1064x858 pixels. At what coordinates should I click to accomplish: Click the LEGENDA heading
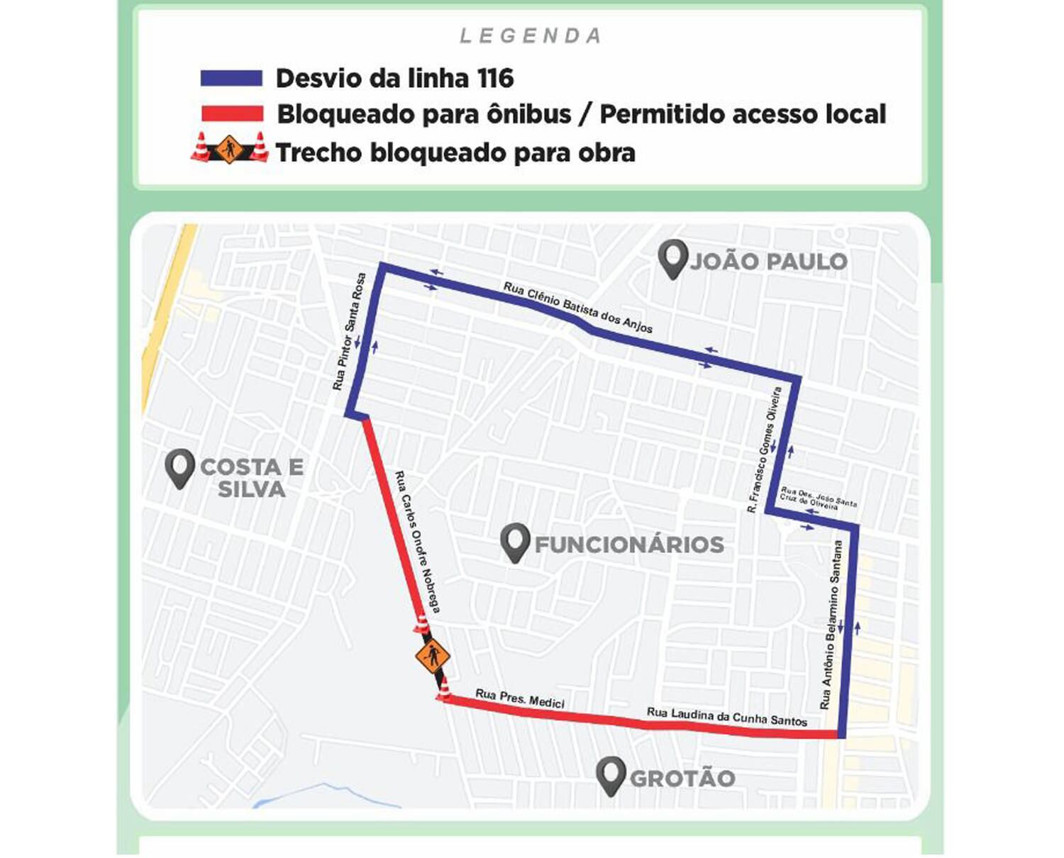(531, 35)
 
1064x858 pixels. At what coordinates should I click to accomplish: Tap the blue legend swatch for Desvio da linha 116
(231, 78)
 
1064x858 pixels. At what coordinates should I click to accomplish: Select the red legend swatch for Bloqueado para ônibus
(231, 113)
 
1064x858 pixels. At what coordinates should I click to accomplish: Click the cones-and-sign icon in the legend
(229, 149)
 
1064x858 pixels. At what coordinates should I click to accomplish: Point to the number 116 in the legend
(495, 78)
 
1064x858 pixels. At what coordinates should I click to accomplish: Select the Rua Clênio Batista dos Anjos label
(577, 307)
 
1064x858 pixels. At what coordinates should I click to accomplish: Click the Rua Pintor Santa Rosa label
(349, 332)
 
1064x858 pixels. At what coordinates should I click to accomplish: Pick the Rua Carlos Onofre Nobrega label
(418, 542)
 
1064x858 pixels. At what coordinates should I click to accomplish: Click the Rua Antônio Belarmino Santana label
(831, 624)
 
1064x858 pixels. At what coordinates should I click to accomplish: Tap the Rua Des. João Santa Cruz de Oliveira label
(817, 497)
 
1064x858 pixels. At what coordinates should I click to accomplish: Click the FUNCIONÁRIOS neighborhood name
(629, 545)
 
